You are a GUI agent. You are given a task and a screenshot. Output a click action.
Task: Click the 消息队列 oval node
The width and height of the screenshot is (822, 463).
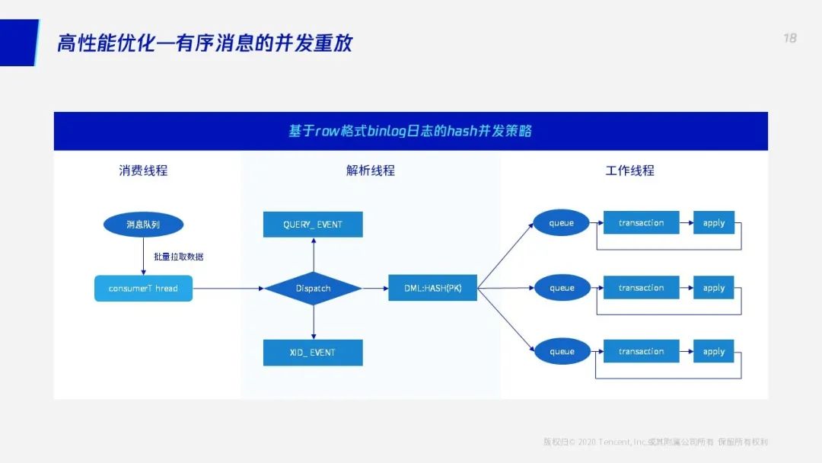143,225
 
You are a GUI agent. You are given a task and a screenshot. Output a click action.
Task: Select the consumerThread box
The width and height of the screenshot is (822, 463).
143,289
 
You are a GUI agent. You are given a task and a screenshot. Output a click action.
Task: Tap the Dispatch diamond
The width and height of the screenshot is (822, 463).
313,289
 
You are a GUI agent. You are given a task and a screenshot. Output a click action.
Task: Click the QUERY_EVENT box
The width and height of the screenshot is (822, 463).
313,225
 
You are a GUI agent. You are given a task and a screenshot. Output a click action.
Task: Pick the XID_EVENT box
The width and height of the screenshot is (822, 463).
313,353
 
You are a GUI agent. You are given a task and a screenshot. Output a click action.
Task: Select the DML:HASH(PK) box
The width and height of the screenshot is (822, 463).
432,288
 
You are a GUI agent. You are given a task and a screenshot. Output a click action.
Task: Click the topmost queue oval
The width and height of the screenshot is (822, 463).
562,223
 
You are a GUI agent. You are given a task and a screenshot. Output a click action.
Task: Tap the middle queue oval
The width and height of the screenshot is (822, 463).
562,288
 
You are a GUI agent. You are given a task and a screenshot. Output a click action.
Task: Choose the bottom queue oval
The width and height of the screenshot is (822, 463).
562,352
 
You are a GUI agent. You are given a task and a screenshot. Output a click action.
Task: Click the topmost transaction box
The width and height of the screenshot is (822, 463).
641,223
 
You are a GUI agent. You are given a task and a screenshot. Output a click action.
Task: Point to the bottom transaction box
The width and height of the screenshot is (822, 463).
641,352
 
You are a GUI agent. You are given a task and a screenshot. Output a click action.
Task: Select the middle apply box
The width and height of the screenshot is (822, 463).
713,288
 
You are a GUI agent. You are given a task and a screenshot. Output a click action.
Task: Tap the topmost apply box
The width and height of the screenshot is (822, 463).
713,223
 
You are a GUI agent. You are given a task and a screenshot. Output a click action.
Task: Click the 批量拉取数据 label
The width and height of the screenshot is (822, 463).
179,257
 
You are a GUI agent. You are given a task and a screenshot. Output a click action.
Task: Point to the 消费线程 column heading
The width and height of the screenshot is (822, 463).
143,171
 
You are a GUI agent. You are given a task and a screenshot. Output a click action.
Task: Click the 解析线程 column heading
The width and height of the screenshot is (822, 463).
371,171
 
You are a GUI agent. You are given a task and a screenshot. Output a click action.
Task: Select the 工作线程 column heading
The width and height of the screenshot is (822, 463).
629,171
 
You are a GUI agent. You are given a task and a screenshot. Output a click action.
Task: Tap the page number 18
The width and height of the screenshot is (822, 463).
790,38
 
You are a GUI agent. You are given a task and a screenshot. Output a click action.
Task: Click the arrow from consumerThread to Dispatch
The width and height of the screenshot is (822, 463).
228,289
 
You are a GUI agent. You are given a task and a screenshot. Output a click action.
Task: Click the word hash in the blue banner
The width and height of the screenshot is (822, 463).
462,131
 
